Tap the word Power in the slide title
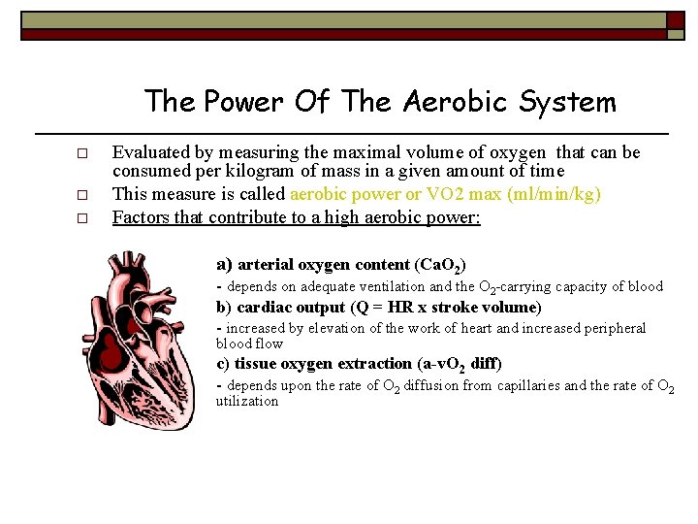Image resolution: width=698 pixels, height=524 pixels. (x=242, y=101)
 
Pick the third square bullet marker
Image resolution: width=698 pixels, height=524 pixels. (x=83, y=219)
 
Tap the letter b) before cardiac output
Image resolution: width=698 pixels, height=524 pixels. (x=223, y=308)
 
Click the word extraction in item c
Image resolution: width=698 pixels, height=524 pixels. (x=369, y=364)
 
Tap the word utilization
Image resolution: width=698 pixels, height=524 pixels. (x=246, y=401)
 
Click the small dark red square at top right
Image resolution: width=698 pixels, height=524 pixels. (x=675, y=20)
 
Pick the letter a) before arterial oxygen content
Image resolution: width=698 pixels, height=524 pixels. (x=223, y=264)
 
